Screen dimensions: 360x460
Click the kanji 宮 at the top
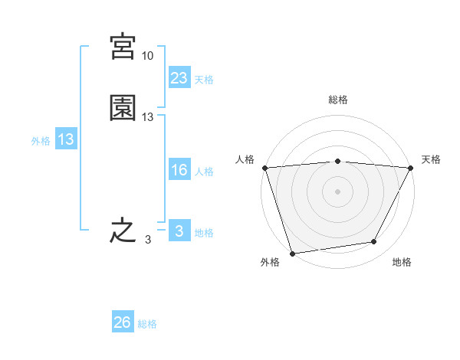tap(123, 47)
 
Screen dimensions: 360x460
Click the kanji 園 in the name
tap(123, 108)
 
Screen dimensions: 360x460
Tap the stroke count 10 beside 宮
tap(147, 56)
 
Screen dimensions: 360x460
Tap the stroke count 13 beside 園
tap(148, 117)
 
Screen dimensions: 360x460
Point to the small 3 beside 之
tap(147, 240)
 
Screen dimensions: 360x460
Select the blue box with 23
tap(179, 78)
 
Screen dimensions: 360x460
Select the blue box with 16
tap(179, 171)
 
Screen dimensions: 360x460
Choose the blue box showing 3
tap(179, 231)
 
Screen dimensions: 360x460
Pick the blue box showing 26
tap(123, 323)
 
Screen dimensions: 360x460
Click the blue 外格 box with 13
tap(66, 140)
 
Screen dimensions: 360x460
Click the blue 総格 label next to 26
tap(147, 324)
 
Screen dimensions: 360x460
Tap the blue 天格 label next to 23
tap(204, 79)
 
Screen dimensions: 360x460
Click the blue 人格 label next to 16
tap(204, 172)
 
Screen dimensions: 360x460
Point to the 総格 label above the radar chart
tap(337, 100)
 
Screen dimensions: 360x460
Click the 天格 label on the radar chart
tap(431, 159)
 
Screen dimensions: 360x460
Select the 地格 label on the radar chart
tap(402, 262)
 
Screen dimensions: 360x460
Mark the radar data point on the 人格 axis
tap(264, 168)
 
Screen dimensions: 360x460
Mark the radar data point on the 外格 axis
tap(292, 253)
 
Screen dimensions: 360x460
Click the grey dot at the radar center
tap(337, 191)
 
